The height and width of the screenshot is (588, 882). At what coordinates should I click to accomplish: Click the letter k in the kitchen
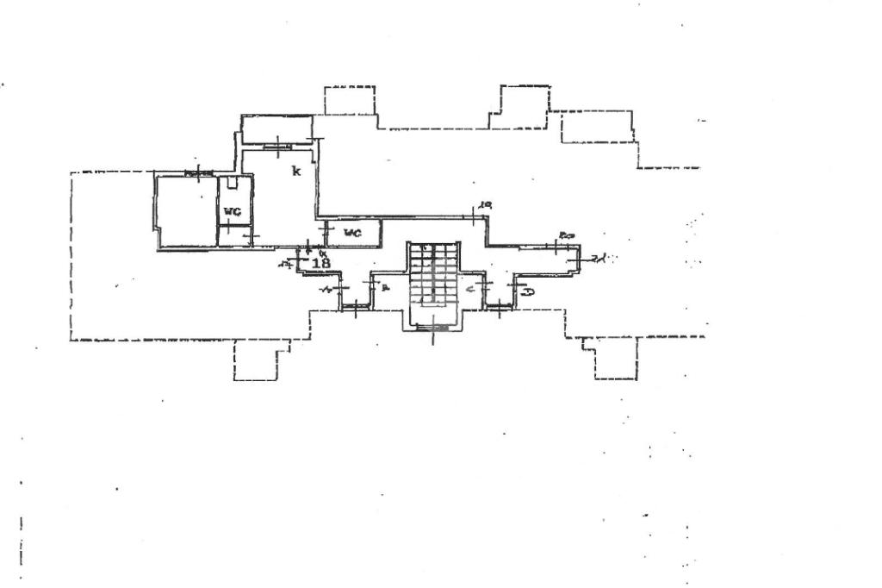tap(295, 171)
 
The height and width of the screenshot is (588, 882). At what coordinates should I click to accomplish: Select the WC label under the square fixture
tap(231, 211)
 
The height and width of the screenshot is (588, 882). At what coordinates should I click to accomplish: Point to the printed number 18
tap(320, 263)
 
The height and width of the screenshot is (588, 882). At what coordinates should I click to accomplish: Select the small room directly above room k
tap(276, 129)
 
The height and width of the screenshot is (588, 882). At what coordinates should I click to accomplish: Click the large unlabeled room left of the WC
tap(185, 211)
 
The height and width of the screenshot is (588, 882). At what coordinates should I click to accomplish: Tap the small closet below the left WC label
tap(233, 236)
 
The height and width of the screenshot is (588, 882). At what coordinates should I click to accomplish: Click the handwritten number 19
tap(485, 204)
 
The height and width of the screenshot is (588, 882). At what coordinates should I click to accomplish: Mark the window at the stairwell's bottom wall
tap(432, 327)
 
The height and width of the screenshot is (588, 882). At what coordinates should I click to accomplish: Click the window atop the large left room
tap(199, 175)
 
